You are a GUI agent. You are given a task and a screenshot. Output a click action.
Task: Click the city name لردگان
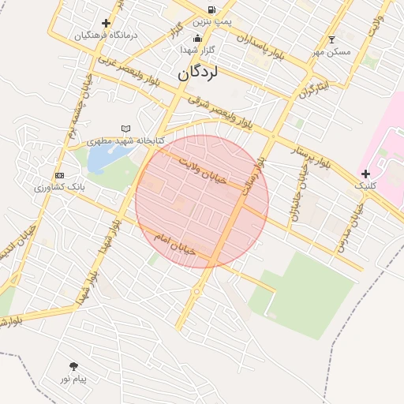(196, 73)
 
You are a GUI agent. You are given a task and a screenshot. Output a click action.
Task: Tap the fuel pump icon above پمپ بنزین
(211, 9)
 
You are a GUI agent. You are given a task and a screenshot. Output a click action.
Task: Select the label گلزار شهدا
(198, 50)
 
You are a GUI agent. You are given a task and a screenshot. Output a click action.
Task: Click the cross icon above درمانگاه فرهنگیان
(107, 24)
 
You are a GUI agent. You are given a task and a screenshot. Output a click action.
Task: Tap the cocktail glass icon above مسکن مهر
(331, 39)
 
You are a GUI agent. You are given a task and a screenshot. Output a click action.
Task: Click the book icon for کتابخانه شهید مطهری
(125, 129)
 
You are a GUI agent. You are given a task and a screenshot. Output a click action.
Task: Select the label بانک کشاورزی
(59, 188)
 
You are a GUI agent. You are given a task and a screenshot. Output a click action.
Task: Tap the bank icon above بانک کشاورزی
(59, 174)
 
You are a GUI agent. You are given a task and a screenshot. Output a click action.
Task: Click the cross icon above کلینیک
(365, 173)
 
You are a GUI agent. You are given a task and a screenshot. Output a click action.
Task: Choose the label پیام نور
(73, 380)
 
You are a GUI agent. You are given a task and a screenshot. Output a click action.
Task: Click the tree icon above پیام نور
(73, 366)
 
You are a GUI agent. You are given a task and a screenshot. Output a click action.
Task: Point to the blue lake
(102, 158)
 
